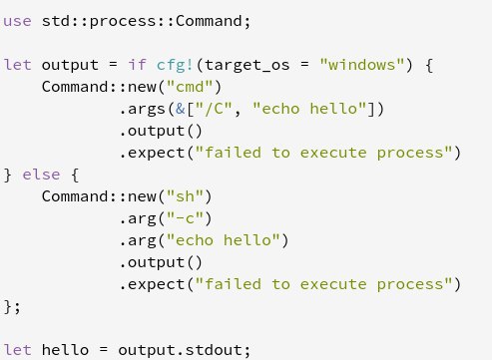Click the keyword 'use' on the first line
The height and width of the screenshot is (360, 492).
tap(17, 22)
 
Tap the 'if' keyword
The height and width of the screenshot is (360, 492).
tap(138, 64)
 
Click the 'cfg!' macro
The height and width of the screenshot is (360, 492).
tap(175, 66)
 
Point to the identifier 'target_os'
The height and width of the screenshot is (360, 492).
tap(247, 65)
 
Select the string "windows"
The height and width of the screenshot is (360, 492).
tap(362, 64)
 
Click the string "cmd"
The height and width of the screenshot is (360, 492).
tap(190, 86)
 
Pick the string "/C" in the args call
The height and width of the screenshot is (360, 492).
tap(214, 109)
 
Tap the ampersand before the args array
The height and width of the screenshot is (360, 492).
tap(181, 109)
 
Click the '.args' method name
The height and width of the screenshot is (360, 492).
tap(143, 110)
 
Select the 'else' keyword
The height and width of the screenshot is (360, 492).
tap(41, 175)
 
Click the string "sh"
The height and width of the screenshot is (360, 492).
tap(185, 195)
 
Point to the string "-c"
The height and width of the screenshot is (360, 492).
tap(185, 217)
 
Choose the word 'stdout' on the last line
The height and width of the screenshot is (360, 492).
tap(214, 349)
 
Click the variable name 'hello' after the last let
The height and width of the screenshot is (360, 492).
tap(65, 349)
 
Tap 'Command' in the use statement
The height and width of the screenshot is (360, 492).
tap(209, 21)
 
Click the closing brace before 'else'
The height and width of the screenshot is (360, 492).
tap(7, 175)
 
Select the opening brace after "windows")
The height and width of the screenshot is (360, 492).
tap(429, 65)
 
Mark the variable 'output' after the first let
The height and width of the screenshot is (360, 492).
tap(70, 65)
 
